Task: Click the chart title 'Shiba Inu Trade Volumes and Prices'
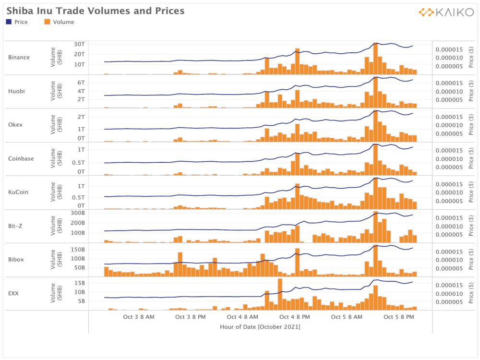[x=96, y=11]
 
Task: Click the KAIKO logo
[x=446, y=12]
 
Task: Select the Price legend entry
[x=17, y=22]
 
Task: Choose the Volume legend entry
[x=60, y=22]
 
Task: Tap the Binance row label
[x=19, y=57]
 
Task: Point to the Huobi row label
[x=16, y=91]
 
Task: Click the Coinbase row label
[x=21, y=158]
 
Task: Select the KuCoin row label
[x=18, y=192]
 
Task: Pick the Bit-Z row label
[x=15, y=226]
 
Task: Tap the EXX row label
[x=13, y=293]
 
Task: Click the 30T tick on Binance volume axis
[x=79, y=44]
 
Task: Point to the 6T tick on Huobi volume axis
[x=81, y=83]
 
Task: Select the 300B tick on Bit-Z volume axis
[x=78, y=213]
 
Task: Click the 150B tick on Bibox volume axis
[x=78, y=250]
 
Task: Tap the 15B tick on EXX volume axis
[x=80, y=283]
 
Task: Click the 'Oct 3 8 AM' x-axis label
[x=139, y=317]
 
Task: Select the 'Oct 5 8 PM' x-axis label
[x=399, y=317]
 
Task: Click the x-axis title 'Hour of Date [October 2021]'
[x=260, y=327]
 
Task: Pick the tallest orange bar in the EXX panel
[x=280, y=295]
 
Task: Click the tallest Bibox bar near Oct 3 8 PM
[x=180, y=264]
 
